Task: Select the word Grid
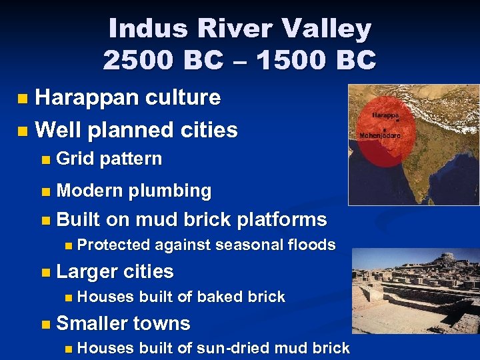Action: [x=75, y=159]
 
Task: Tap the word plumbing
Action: [x=169, y=191]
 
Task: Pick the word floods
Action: [x=311, y=245]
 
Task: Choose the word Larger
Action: [x=85, y=272]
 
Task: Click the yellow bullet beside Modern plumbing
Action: [x=45, y=191]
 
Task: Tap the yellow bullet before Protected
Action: [x=69, y=245]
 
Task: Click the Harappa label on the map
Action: [x=385, y=115]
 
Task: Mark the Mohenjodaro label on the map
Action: [x=380, y=135]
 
